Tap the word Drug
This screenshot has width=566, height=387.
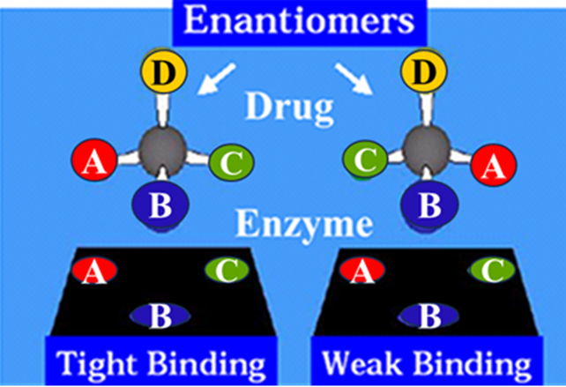coord(282,108)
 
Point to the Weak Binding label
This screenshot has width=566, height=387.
coord(427,363)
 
